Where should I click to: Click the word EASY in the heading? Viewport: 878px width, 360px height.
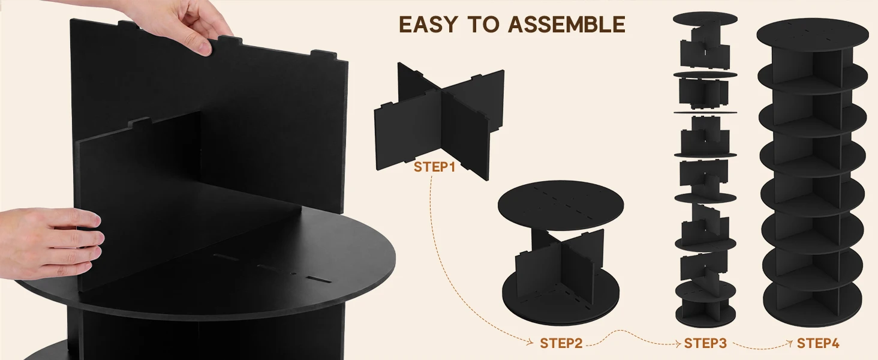point(428,25)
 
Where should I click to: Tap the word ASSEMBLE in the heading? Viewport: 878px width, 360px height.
point(566,25)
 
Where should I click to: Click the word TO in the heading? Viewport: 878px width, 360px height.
point(482,25)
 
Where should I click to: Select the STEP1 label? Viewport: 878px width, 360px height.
point(434,167)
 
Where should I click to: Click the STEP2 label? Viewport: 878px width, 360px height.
point(561,343)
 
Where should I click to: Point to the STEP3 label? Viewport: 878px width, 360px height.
point(705,343)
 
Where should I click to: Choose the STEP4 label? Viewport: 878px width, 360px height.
point(818,343)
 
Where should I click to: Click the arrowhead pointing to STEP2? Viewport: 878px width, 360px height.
point(531,343)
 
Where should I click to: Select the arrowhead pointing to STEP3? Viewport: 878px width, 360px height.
point(677,344)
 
